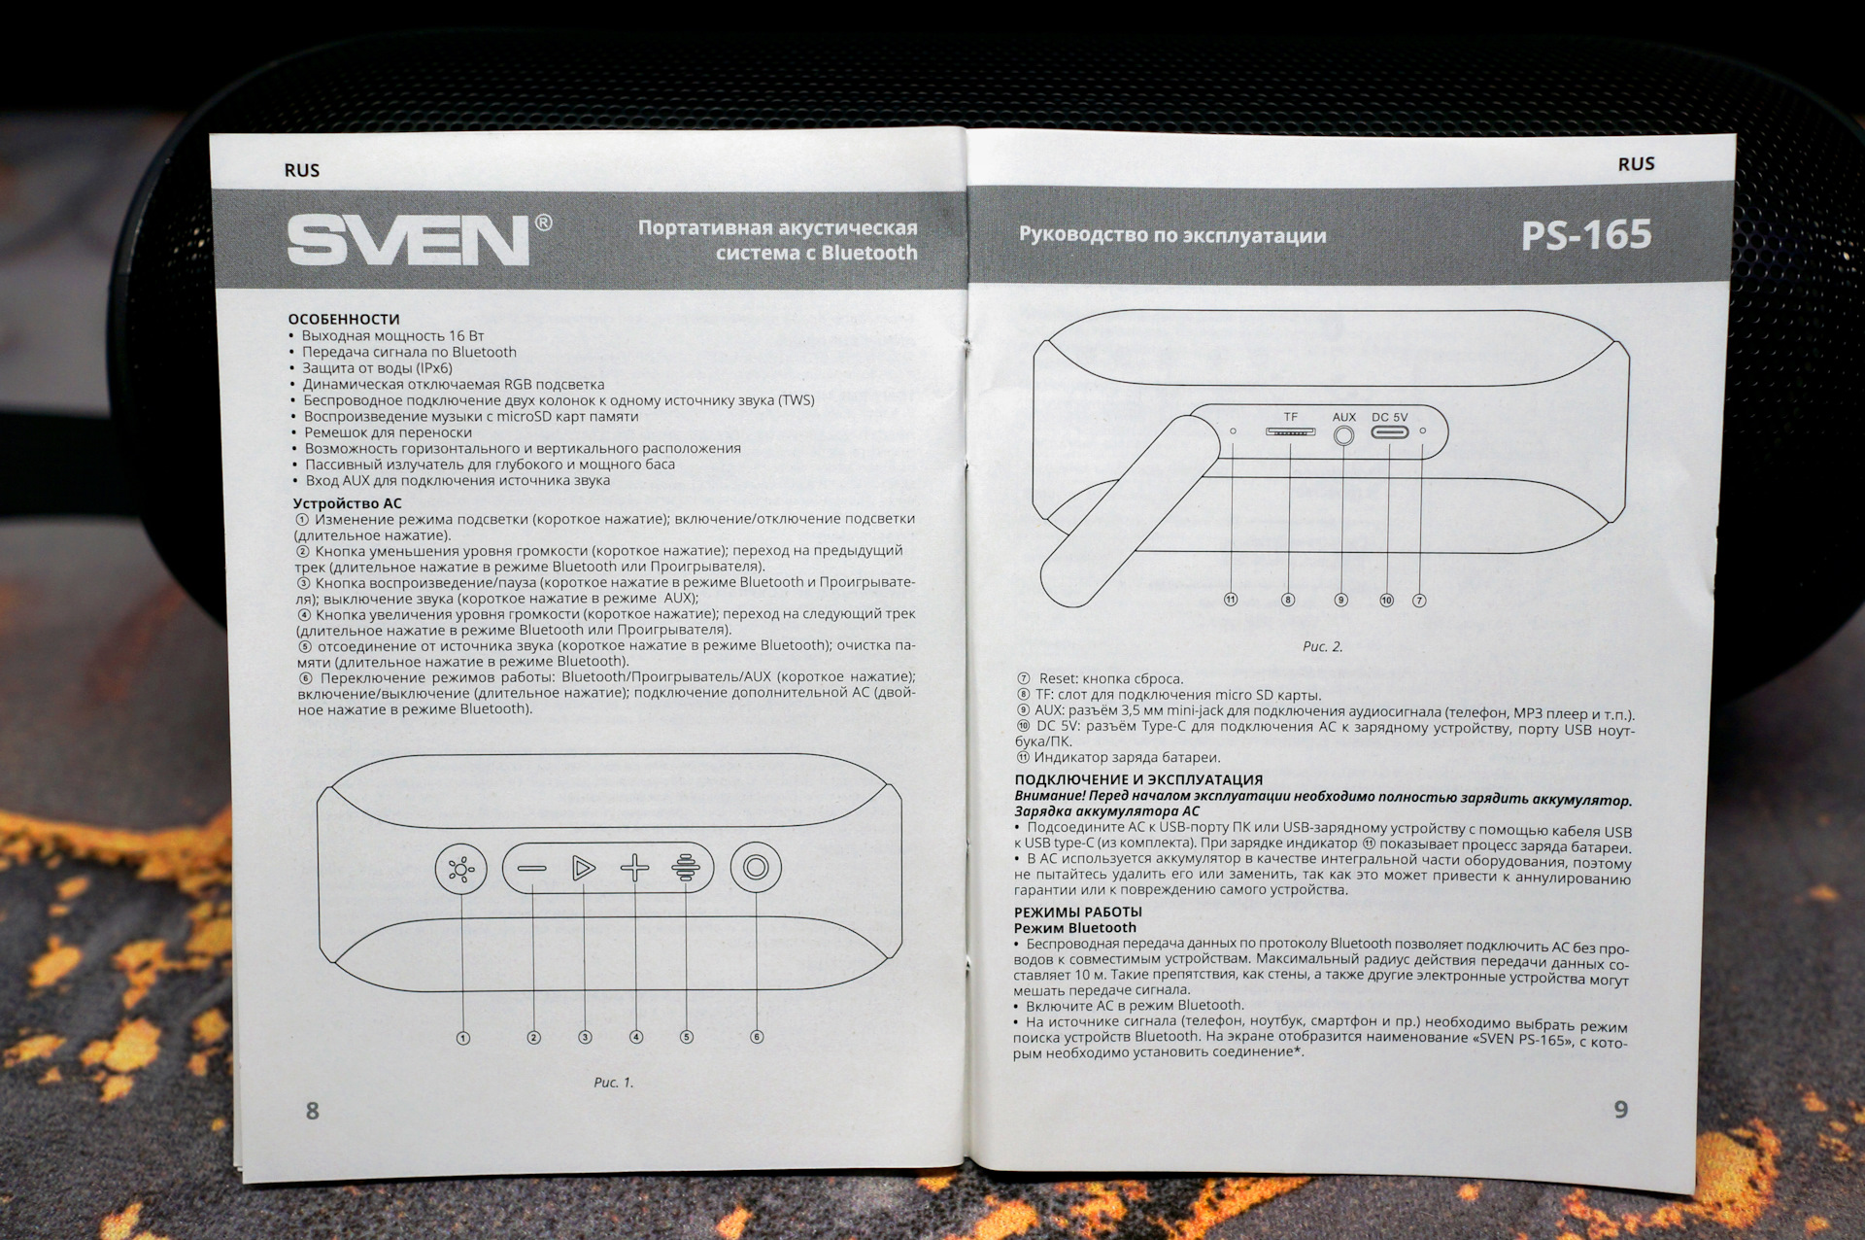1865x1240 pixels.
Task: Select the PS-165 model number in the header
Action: coord(1586,234)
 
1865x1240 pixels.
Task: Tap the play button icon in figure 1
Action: coord(583,868)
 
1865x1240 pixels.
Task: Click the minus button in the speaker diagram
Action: coord(531,868)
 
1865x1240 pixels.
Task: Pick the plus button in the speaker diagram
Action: coord(634,868)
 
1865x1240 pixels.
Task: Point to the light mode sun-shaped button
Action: coord(461,868)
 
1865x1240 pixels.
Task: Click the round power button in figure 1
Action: coord(756,867)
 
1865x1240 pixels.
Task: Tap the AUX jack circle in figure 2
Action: coord(1343,435)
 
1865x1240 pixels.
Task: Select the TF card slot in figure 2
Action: coord(1290,431)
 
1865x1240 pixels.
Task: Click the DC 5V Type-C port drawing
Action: coord(1390,431)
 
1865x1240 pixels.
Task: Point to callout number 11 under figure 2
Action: coord(1231,600)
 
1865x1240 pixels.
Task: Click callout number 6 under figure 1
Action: coord(757,1037)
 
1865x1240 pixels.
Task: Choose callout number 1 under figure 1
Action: coord(463,1038)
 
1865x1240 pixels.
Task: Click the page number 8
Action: coord(312,1111)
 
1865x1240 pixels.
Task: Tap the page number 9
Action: coord(1620,1110)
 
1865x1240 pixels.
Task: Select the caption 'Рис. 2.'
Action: coord(1322,646)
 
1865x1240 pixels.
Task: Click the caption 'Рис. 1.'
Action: coord(613,1083)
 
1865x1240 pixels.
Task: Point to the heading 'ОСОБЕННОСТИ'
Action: coord(344,319)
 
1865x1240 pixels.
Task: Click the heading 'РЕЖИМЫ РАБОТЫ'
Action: coord(1078,913)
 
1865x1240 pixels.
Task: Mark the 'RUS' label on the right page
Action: coord(1636,164)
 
